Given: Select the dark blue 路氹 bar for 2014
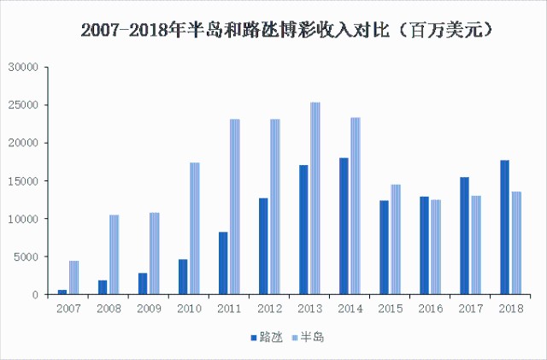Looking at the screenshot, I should (344, 226).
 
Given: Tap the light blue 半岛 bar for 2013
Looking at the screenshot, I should (315, 198).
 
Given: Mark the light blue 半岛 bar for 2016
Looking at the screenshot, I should (436, 247).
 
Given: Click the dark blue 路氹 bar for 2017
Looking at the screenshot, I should (464, 236).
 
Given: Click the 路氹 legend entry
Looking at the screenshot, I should (268, 338).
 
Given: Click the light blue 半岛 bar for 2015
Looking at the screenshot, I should (396, 239).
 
